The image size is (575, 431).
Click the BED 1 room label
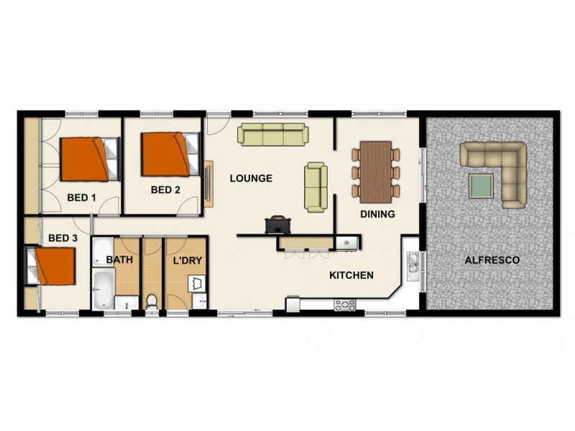[81, 197]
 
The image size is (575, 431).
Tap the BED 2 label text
[165, 190]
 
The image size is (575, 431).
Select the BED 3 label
[63, 238]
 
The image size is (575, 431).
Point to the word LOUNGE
[251, 178]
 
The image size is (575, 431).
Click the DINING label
[377, 214]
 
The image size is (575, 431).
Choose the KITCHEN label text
[351, 275]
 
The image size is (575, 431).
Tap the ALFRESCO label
[492, 259]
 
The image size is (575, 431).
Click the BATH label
[119, 259]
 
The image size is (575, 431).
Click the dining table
[375, 172]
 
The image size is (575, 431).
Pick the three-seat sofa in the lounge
[272, 134]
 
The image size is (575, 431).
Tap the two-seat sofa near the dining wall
[316, 187]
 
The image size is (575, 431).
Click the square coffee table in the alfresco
[481, 186]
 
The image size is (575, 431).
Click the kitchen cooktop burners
[345, 305]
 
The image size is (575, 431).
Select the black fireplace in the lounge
[277, 225]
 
